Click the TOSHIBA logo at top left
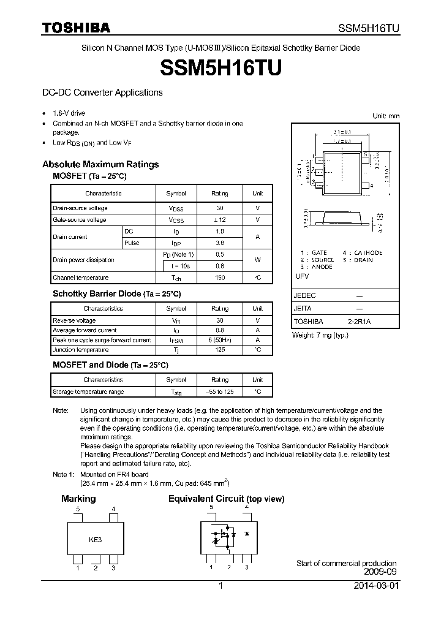point(76,28)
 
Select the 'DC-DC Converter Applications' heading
point(102,93)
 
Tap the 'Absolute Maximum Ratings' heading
point(100,164)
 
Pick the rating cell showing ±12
point(219,219)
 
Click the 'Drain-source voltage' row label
point(80,208)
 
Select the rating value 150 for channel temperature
point(219,278)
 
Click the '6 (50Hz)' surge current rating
point(219,340)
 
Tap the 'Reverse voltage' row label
point(75,320)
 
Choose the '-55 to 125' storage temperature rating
point(219,391)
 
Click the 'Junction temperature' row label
point(81,350)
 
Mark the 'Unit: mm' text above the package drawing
point(386,116)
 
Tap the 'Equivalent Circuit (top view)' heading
point(226,499)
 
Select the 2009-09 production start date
point(381,572)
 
